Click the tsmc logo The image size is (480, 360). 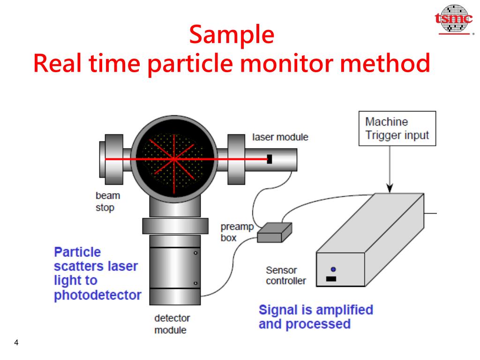(454, 19)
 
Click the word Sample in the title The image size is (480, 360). (232, 35)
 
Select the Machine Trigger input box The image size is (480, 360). (397, 128)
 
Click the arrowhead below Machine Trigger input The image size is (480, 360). (390, 188)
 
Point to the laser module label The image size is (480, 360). (280, 137)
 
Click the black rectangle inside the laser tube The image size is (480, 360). (270, 159)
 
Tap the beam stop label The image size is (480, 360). (107, 202)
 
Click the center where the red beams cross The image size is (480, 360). (173, 159)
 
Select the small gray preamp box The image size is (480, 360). (275, 232)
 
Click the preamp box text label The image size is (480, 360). (237, 232)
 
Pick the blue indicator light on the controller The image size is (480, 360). (333, 270)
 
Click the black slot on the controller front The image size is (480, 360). (331, 279)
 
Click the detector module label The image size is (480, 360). (172, 324)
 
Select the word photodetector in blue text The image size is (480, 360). (97, 296)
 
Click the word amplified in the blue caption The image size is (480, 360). (345, 310)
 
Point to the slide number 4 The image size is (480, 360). (16, 343)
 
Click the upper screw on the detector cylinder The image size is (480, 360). (195, 252)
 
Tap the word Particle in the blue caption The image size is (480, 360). (77, 252)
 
